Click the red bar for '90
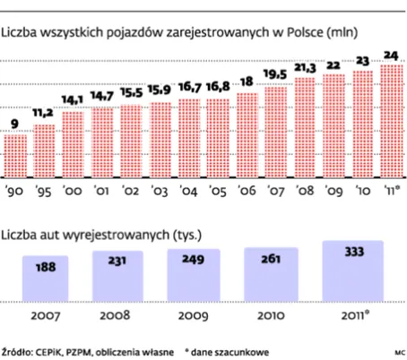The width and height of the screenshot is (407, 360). (15, 156)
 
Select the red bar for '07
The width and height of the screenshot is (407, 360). (276, 133)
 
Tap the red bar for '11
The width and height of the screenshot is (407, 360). (392, 121)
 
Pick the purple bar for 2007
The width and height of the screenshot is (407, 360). (45, 279)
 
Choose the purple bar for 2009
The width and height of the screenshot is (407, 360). (194, 275)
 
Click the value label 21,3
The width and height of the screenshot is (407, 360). (305, 68)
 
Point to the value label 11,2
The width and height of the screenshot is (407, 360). (43, 113)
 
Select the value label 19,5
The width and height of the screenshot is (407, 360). (275, 74)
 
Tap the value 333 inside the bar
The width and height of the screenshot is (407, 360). (354, 252)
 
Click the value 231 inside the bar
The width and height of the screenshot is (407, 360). (117, 261)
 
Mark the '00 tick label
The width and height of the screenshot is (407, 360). (72, 191)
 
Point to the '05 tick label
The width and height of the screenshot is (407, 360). (218, 191)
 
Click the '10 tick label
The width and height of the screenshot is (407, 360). (363, 191)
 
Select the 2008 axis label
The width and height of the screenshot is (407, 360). (115, 315)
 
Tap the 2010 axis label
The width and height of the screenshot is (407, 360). (271, 315)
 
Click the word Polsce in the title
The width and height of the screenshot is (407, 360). (305, 32)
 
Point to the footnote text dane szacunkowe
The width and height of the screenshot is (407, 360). (229, 352)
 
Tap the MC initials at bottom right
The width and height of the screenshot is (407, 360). (400, 353)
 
